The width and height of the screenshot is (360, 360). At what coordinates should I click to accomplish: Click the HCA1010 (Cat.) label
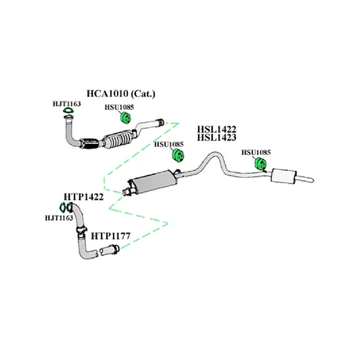pyautogui.click(x=121, y=94)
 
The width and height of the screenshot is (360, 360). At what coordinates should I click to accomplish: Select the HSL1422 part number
pyautogui.click(x=217, y=129)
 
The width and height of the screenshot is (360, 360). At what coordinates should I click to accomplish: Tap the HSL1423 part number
pyautogui.click(x=217, y=137)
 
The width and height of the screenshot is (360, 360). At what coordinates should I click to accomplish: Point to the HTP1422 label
pyautogui.click(x=83, y=197)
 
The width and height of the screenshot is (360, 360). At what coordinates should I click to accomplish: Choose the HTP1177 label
pyautogui.click(x=111, y=236)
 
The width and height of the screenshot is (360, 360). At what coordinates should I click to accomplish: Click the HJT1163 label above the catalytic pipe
pyautogui.click(x=67, y=104)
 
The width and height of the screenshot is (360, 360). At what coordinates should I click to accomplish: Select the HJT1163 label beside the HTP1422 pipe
pyautogui.click(x=59, y=217)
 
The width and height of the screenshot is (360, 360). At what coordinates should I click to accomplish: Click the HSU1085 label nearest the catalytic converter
pyautogui.click(x=119, y=107)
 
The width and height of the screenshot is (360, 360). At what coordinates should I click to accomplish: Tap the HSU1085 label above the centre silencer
pyautogui.click(x=169, y=145)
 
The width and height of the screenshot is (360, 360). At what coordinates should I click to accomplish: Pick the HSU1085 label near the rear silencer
pyautogui.click(x=256, y=152)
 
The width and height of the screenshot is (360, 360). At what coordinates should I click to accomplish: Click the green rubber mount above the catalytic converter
pyautogui.click(x=125, y=117)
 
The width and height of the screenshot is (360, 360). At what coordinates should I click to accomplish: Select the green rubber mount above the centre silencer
pyautogui.click(x=178, y=155)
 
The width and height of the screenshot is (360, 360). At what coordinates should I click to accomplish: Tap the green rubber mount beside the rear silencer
pyautogui.click(x=261, y=163)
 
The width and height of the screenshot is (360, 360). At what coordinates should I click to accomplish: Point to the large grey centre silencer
pyautogui.click(x=153, y=183)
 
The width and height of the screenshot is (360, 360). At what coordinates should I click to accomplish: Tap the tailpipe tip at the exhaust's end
pyautogui.click(x=311, y=180)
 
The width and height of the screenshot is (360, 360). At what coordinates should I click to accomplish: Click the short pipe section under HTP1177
pyautogui.click(x=109, y=250)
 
